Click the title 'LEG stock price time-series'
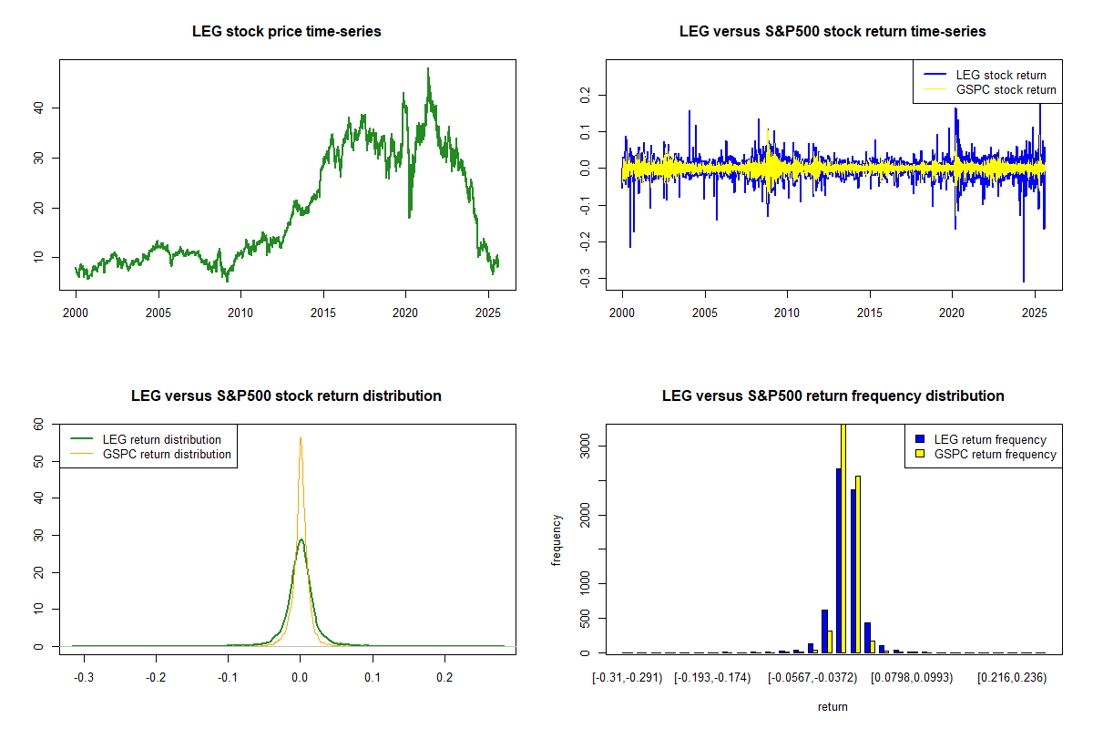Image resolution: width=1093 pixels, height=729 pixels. pyautogui.click(x=287, y=32)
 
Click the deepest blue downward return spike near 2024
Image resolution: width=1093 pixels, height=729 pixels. pyautogui.click(x=1024, y=281)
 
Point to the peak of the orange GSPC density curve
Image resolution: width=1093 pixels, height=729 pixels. pyautogui.click(x=301, y=437)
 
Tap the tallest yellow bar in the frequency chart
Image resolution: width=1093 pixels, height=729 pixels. pyautogui.click(x=843, y=538)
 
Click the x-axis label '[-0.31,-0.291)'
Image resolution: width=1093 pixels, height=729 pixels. pyautogui.click(x=628, y=678)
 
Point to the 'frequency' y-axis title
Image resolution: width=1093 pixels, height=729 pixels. pyautogui.click(x=557, y=539)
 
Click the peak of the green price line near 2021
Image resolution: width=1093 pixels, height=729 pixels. pyautogui.click(x=428, y=68)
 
